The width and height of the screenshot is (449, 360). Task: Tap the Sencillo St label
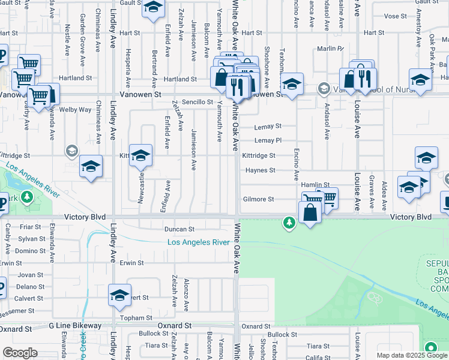(198, 102)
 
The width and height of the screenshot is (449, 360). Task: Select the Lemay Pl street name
(268, 140)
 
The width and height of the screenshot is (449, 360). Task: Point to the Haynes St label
(261, 170)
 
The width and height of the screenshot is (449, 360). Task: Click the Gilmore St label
(258, 199)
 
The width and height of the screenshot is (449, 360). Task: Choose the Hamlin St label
(316, 185)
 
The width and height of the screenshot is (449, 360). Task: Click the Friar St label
(30, 227)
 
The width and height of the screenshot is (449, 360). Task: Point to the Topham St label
(137, 318)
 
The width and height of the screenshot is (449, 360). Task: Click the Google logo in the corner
(20, 353)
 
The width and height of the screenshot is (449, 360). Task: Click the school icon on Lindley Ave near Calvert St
(119, 295)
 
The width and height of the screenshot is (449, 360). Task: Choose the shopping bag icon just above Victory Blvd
(310, 213)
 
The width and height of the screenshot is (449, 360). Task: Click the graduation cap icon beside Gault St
(153, 8)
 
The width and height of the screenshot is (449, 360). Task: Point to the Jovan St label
(31, 275)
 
